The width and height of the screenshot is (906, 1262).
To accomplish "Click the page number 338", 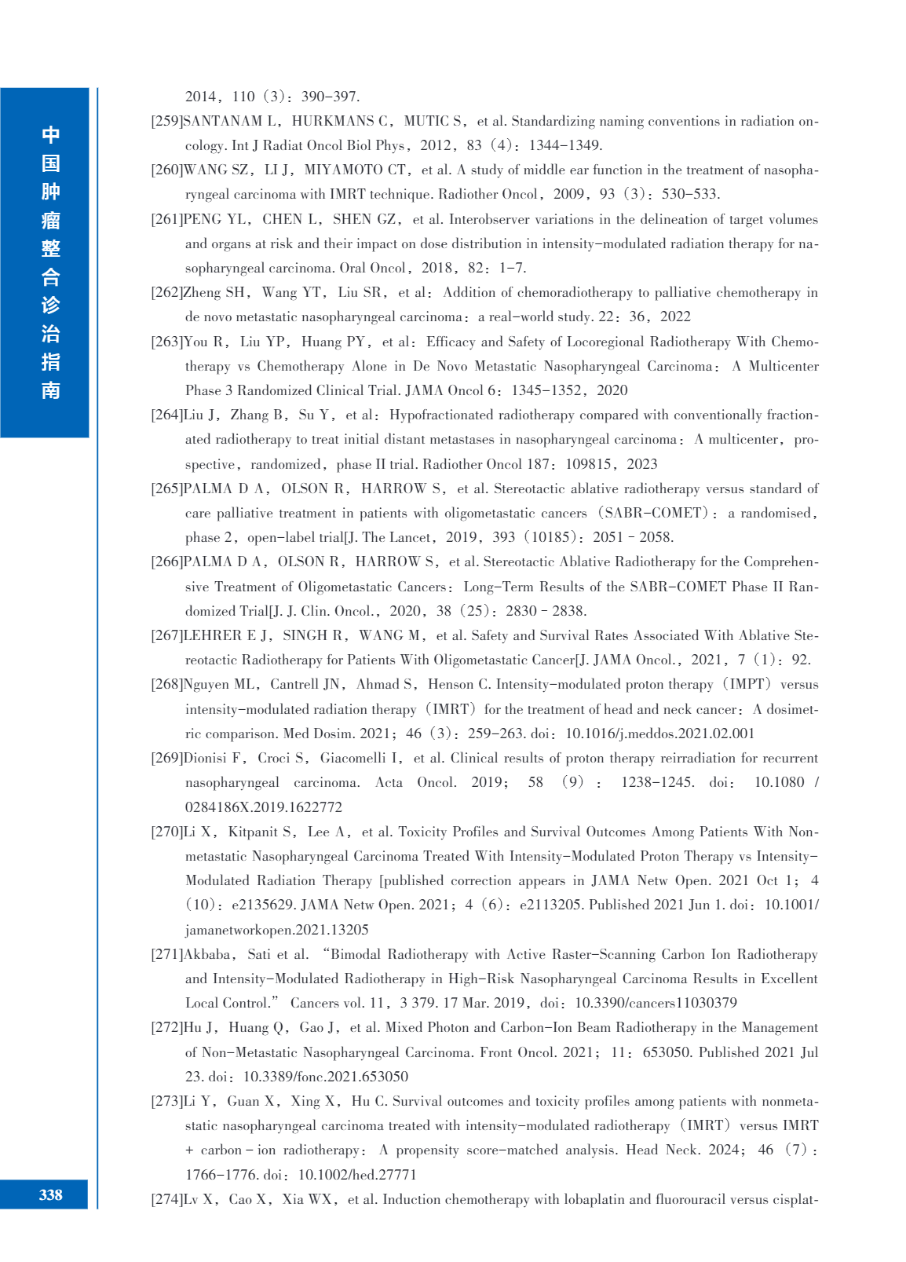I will pyautogui.click(x=50, y=1194).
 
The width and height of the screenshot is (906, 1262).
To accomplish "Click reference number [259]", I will pyautogui.click(x=166, y=121).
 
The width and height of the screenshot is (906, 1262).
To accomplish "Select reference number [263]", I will pyautogui.click(x=166, y=342).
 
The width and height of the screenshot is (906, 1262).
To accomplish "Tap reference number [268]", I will pyautogui.click(x=166, y=684).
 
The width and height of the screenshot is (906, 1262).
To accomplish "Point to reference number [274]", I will pyautogui.click(x=166, y=1199).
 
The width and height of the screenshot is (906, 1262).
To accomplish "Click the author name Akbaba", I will pyautogui.click(x=207, y=954).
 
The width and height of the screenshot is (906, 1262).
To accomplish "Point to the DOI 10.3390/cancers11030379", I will pyautogui.click(x=656, y=1003).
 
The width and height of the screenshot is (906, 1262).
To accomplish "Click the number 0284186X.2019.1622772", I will pyautogui.click(x=263, y=807).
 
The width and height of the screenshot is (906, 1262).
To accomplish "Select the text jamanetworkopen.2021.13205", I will pyautogui.click(x=276, y=930).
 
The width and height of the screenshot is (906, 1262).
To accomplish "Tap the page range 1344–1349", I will pyautogui.click(x=564, y=145).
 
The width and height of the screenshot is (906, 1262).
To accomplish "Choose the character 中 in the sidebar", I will pyautogui.click(x=50, y=135).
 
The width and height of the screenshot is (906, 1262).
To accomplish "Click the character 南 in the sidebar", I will pyautogui.click(x=50, y=390).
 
